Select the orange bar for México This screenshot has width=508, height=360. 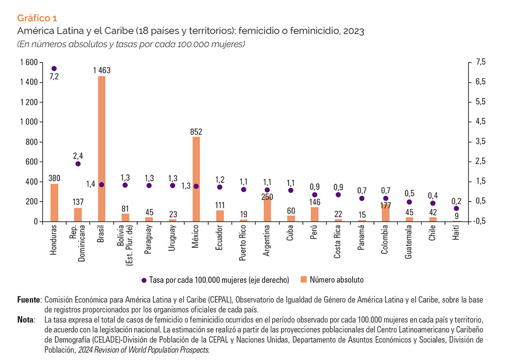196,179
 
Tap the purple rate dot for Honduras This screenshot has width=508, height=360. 54,68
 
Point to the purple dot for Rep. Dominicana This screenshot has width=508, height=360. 78,163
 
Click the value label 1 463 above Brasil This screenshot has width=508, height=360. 102,71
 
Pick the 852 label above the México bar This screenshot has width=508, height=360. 196,132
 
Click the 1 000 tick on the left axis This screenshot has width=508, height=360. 28,122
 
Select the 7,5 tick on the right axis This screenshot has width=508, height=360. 480,62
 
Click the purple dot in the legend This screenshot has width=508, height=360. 144,280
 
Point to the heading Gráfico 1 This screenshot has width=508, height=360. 37,19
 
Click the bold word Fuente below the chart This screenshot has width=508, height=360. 28,300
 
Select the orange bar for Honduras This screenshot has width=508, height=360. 54,203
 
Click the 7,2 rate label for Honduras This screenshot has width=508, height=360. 54,77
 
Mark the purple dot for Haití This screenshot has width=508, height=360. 456,208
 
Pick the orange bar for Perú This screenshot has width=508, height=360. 314,214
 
